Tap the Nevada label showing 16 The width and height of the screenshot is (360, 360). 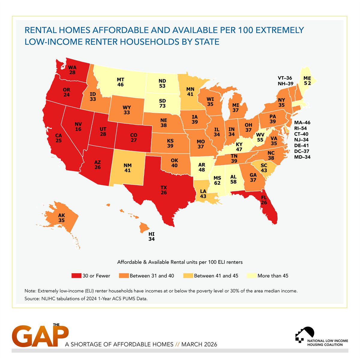(x=79, y=127)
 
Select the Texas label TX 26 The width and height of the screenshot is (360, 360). (x=163, y=190)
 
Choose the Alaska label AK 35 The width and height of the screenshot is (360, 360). (x=61, y=218)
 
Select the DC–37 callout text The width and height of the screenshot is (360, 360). (x=302, y=151)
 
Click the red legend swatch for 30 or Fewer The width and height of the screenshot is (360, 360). (x=76, y=276)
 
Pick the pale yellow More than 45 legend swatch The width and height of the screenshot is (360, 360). (x=251, y=276)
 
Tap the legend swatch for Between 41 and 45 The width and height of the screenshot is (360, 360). (x=188, y=276)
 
